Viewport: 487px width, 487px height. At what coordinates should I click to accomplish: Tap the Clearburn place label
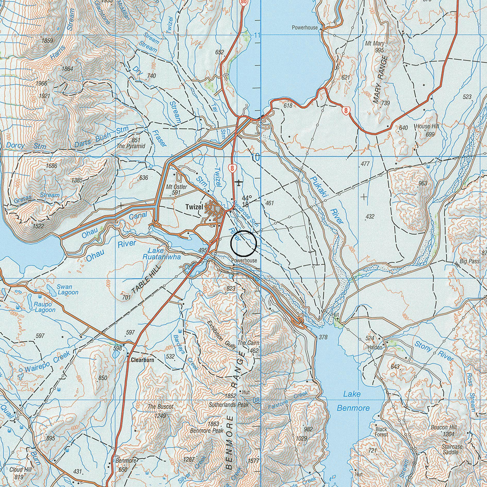pyautogui.click(x=142, y=360)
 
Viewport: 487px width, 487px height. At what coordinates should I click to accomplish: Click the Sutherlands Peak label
pyautogui.click(x=229, y=405)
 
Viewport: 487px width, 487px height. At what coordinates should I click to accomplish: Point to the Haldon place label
pyautogui.click(x=375, y=347)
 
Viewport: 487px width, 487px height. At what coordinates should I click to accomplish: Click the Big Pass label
pyautogui.click(x=469, y=261)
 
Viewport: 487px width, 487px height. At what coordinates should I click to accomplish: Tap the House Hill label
pyautogui.click(x=426, y=127)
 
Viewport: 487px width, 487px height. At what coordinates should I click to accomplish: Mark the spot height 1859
pyautogui.click(x=47, y=40)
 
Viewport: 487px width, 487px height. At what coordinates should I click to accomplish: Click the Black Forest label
pyautogui.click(x=381, y=432)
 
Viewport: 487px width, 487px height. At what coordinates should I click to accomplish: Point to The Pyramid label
pyautogui.click(x=131, y=146)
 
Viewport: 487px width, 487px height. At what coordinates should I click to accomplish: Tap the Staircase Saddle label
pyautogui.click(x=452, y=449)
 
